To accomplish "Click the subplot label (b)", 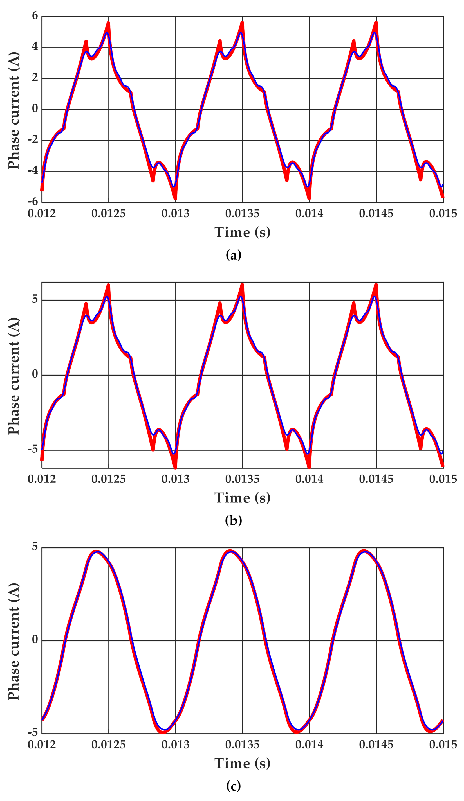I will (233, 520).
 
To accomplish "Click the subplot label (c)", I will (233, 786).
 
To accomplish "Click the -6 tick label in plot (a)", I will (33, 201).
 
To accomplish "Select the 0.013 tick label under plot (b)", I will (175, 479).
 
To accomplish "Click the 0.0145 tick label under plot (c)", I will (376, 744).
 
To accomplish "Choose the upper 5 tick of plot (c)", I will (35, 546).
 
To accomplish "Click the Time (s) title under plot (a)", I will (242, 232).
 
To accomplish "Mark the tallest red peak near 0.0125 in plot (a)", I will (108, 22).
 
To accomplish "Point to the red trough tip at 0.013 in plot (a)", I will (175, 199).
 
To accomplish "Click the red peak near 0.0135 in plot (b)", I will (242, 285).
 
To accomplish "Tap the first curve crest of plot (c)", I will (96, 551).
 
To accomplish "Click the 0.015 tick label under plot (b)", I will (443, 479).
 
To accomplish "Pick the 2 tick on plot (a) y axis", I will (35, 78).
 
